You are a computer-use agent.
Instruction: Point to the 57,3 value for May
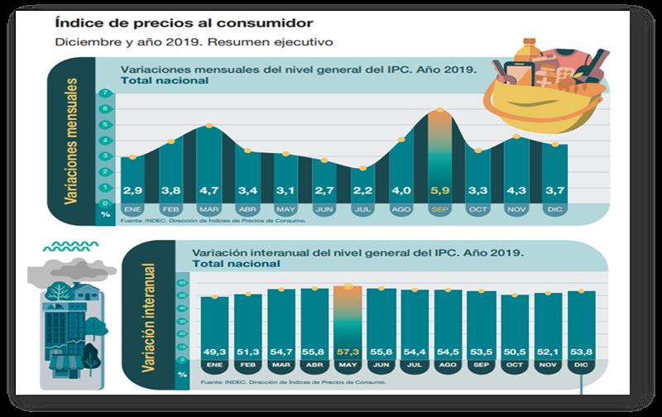[x=347, y=350]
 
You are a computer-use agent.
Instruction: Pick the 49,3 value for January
[x=214, y=350]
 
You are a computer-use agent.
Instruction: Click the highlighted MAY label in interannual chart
[x=347, y=364]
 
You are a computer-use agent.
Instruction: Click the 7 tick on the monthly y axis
[x=105, y=94]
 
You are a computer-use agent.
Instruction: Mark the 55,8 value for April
[x=314, y=350]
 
